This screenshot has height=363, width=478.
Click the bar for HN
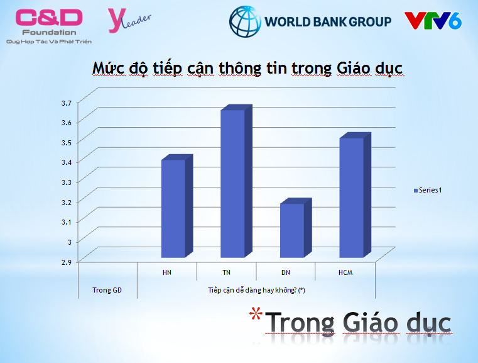[177, 206]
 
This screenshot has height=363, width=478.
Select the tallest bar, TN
[236, 181]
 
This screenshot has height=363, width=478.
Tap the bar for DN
[296, 228]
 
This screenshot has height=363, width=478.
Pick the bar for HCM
[355, 195]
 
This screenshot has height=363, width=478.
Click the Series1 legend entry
[428, 190]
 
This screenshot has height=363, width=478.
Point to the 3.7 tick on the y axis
[67, 103]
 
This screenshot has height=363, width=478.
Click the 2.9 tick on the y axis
[67, 262]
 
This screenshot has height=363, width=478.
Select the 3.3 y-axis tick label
[67, 182]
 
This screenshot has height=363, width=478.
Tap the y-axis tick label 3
[70, 242]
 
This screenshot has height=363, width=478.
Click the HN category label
[166, 272]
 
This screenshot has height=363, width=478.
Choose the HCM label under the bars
[345, 272]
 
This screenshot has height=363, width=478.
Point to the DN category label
[286, 272]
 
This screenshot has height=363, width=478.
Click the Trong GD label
[107, 290]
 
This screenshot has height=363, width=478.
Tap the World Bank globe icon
[245, 21]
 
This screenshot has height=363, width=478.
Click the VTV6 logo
[433, 21]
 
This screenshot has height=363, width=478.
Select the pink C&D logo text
[49, 18]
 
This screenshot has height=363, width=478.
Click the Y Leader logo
[129, 20]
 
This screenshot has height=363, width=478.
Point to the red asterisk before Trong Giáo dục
[256, 313]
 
